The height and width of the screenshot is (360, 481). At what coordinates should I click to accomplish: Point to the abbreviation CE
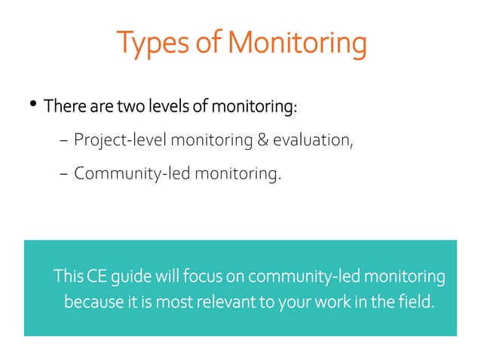(97, 277)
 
